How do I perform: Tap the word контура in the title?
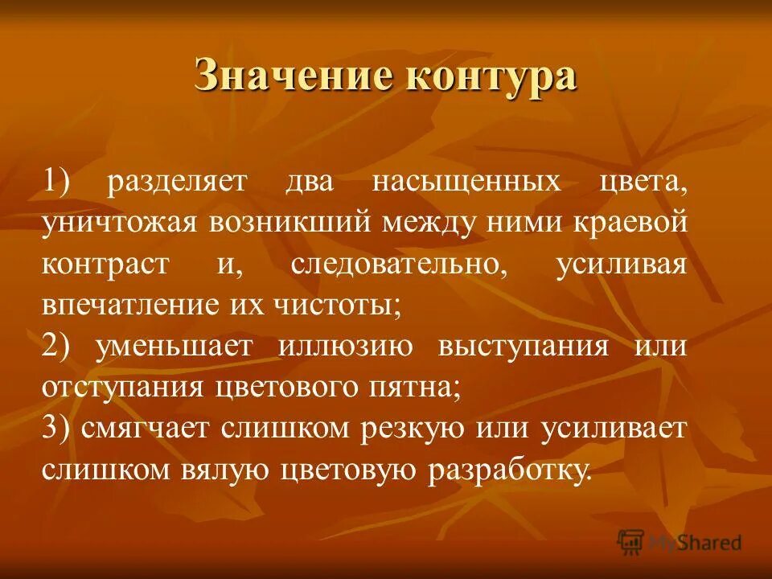[492, 78]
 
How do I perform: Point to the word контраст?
[106, 264]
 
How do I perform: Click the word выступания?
[523, 347]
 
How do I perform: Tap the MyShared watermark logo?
[679, 542]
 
